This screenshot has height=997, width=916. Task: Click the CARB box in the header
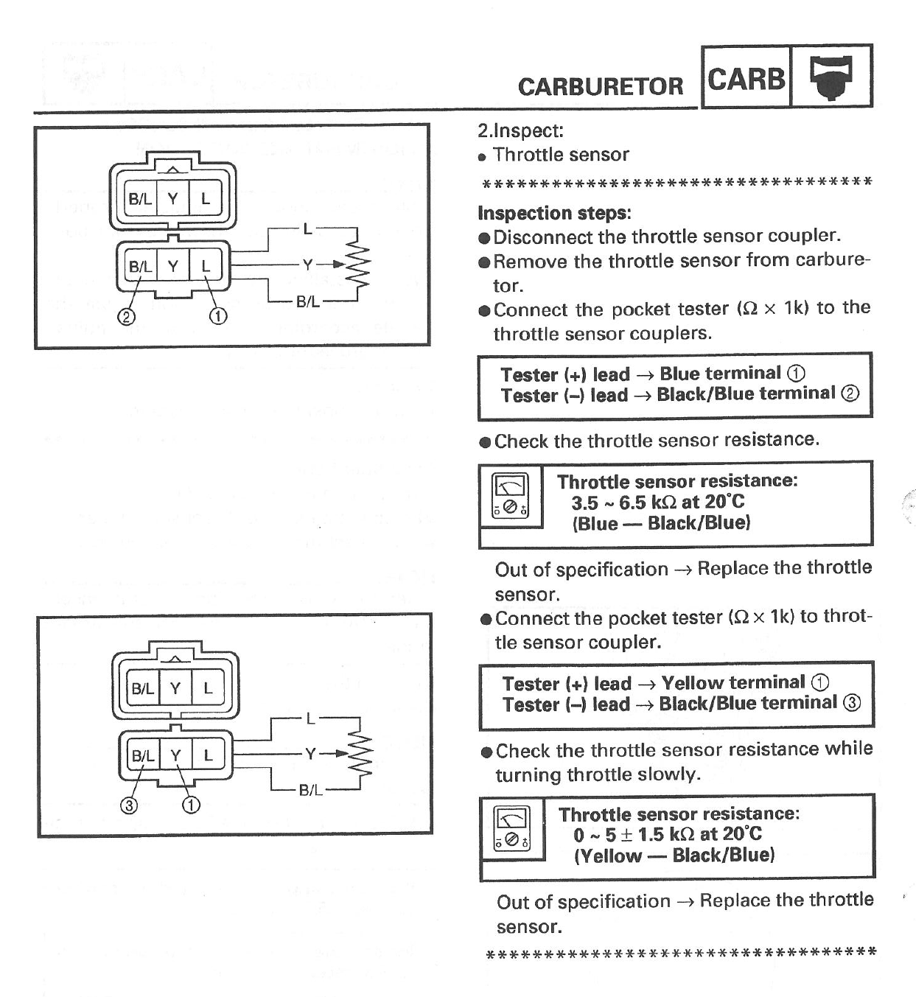pos(746,77)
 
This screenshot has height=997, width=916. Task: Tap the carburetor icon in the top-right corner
pos(831,77)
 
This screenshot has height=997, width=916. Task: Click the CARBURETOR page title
pos(600,86)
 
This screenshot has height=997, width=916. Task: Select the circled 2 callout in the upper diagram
pos(126,317)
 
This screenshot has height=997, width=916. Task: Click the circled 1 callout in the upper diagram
pos(218,317)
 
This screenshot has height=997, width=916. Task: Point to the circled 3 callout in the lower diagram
pos(129,805)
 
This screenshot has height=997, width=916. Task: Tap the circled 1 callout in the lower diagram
pos(191,805)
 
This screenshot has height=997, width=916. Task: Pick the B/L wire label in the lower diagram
pos(310,791)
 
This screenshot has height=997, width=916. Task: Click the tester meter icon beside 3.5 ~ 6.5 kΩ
pos(510,495)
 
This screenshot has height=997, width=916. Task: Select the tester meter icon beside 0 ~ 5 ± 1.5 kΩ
pos(511,828)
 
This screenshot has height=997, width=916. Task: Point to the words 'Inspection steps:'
pos(554,213)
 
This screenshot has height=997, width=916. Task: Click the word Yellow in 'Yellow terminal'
pos(695,683)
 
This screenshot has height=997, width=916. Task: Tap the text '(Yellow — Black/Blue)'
pos(674,856)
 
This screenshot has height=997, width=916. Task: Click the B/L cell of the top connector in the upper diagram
pos(139,198)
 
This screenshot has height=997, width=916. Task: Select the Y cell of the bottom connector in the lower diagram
pos(175,755)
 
